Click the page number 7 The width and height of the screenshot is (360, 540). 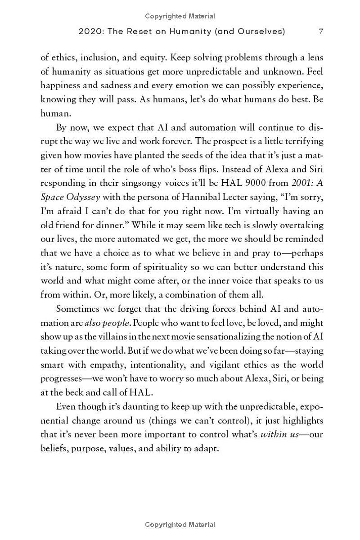click(320, 31)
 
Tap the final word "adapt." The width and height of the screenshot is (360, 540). click(205, 449)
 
